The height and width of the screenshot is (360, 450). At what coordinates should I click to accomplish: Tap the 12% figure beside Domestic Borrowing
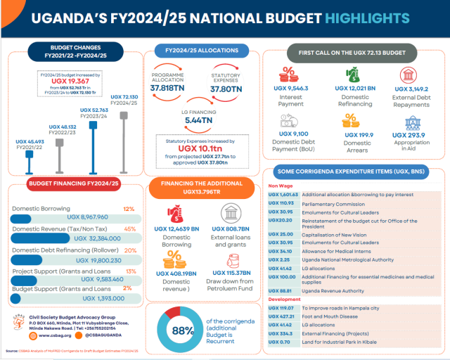click(x=129, y=209)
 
